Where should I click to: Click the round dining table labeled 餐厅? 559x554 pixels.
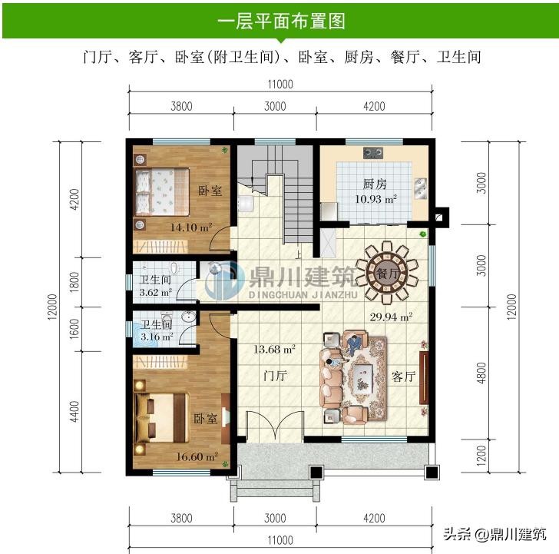point(387,274)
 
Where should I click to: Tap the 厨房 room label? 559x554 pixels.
point(375,184)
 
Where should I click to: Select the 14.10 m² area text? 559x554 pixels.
point(191,227)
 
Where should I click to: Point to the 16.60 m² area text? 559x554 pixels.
point(197,456)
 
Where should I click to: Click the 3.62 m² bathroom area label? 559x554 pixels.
point(156,292)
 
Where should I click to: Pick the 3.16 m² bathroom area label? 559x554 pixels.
point(157,337)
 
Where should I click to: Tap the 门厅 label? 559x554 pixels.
point(275,376)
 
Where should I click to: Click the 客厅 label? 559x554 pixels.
point(404,377)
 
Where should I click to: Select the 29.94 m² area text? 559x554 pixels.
point(391,317)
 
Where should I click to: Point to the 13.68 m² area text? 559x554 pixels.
point(275,349)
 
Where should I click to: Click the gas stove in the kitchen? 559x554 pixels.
point(373,153)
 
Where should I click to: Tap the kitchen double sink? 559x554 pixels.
point(421,188)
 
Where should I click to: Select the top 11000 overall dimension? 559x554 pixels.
point(280,85)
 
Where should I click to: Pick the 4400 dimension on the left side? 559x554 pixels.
point(74,412)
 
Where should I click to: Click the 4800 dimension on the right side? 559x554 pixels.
point(481,373)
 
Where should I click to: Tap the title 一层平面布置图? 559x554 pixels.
point(281,22)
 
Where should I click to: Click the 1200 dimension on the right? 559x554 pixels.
point(481,456)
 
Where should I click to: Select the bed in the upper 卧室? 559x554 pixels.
point(161,192)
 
